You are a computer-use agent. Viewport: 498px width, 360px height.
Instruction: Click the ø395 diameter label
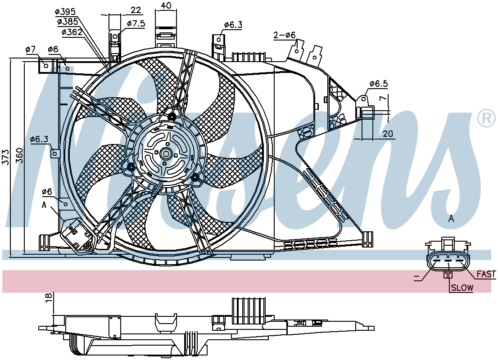click(65, 12)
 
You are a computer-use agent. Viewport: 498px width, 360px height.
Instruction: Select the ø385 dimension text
click(68, 22)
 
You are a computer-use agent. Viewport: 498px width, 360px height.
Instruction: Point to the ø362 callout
click(72, 32)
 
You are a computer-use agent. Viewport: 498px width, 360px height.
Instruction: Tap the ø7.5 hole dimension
click(136, 23)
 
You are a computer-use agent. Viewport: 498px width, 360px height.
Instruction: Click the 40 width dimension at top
click(166, 5)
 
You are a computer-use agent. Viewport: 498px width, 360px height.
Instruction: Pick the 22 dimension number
click(136, 10)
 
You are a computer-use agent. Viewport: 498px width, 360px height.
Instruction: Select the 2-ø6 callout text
click(285, 35)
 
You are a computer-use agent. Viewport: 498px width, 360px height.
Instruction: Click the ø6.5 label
click(379, 84)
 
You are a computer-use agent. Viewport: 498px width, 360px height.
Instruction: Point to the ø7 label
click(31, 49)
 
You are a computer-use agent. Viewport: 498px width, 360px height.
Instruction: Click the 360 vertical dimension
click(20, 155)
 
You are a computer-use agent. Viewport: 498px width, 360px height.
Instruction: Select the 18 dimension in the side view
click(48, 297)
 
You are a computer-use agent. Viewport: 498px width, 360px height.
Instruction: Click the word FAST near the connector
click(486, 274)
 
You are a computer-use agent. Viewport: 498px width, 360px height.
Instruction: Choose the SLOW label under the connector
click(462, 288)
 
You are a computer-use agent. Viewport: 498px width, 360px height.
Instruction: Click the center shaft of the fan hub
click(165, 153)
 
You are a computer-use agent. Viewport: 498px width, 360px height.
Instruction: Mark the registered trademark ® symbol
click(486, 118)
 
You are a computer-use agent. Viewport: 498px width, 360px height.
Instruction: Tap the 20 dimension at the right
click(388, 134)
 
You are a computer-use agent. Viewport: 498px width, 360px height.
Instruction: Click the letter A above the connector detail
click(451, 219)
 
